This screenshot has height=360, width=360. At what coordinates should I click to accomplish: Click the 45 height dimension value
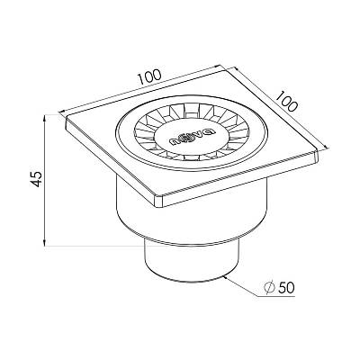(37, 179)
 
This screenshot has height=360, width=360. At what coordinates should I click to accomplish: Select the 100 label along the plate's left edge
(149, 76)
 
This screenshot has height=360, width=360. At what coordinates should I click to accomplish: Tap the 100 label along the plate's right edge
(286, 102)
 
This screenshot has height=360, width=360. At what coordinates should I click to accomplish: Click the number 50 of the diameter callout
(286, 287)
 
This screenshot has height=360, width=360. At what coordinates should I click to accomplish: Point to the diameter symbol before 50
(269, 287)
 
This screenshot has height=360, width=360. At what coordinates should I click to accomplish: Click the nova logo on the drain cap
(192, 137)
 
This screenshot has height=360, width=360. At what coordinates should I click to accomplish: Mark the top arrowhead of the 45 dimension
(45, 118)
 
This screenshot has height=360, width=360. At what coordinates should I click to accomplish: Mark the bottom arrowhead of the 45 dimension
(45, 243)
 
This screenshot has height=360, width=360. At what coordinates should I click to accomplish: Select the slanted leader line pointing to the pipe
(241, 287)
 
